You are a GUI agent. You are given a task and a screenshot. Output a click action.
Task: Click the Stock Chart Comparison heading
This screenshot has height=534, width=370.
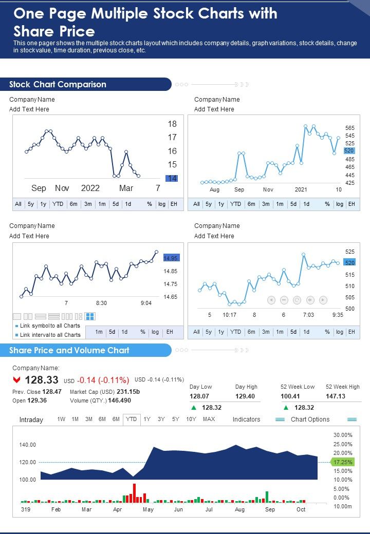58,84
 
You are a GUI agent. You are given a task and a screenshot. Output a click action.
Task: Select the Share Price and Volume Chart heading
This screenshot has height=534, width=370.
69,350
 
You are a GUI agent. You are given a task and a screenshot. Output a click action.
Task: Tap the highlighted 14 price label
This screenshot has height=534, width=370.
172,178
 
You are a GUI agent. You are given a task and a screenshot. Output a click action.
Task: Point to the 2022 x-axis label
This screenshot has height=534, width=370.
90,188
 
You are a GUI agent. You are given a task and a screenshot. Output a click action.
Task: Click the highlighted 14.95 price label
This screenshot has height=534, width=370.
171,258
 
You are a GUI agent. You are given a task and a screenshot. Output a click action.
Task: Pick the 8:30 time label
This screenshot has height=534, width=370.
102,303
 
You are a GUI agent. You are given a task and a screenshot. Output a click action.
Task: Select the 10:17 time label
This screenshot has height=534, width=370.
230,315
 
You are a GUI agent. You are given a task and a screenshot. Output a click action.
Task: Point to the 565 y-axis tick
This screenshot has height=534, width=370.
349,128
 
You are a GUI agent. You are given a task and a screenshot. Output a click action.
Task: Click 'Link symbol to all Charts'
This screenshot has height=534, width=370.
50,326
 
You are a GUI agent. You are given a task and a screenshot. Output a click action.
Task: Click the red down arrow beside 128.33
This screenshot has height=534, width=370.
17,380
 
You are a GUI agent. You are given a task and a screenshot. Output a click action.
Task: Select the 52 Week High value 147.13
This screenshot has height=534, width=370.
336,396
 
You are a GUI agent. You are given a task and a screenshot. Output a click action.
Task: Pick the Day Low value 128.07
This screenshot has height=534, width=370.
200,396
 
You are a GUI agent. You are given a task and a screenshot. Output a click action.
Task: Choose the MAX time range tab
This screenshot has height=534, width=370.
209,419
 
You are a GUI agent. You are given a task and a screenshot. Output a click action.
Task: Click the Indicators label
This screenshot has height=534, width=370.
246,419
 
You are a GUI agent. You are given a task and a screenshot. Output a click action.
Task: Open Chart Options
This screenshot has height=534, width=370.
310,419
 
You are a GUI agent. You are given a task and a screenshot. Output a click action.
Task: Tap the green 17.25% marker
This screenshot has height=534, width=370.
342,462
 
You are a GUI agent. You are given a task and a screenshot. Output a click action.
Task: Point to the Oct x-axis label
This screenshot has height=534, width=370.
301,509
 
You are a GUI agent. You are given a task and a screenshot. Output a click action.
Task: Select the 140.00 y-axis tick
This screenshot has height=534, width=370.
28,445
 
